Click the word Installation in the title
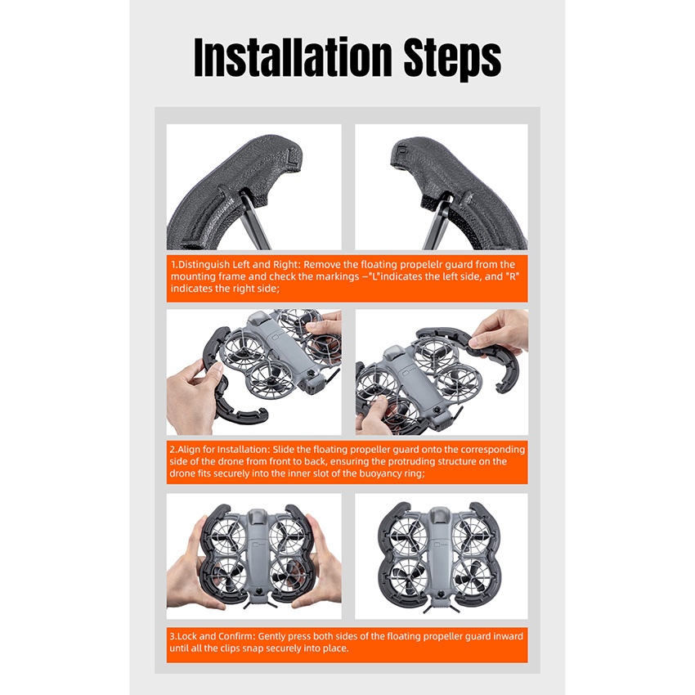tap(293, 57)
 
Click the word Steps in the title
tap(452, 60)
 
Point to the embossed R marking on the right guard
tap(402, 150)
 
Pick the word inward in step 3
tap(508, 636)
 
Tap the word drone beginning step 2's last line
tap(181, 473)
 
